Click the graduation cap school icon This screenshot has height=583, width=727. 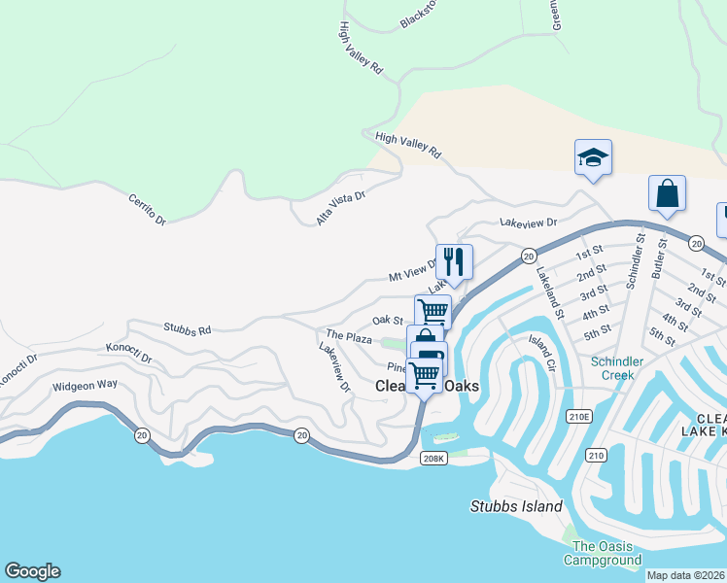coord(592,157)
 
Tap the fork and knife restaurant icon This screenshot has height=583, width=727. coord(454,261)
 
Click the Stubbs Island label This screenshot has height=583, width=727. coord(516,506)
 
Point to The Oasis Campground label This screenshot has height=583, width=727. coord(606,553)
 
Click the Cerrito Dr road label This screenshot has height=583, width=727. coord(148,208)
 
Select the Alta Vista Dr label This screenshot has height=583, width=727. coord(340,208)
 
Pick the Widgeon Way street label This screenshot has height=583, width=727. coord(85,385)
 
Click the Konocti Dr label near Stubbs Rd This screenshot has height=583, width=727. coord(129,353)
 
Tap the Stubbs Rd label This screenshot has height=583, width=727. coord(188,330)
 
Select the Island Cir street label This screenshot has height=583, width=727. coord(541,347)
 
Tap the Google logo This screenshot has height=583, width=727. coord(32,571)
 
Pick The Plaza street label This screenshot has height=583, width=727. coord(349,337)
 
